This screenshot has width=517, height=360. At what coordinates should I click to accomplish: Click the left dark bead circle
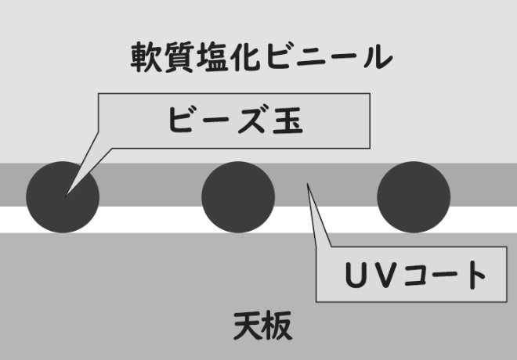tap(63, 197)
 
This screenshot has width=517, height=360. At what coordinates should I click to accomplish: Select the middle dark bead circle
tap(238, 197)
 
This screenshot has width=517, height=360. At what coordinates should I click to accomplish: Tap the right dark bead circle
tap(414, 197)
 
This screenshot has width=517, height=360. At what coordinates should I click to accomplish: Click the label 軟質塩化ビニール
tap(262, 56)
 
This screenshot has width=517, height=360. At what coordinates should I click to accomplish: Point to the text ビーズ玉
tap(236, 119)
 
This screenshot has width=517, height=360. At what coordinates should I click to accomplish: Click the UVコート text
tap(415, 275)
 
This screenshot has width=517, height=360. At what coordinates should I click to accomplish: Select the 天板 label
tap(262, 326)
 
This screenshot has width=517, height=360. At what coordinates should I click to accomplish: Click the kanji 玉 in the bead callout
tap(287, 120)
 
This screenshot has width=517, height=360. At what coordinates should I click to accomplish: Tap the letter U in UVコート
tap(357, 275)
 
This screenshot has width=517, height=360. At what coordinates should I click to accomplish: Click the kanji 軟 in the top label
tap(146, 56)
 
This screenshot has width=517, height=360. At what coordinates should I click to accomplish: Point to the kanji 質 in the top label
tap(179, 56)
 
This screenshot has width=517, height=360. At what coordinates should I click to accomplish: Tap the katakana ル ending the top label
tap(378, 56)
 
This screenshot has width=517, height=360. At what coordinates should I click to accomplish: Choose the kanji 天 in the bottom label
tap(248, 326)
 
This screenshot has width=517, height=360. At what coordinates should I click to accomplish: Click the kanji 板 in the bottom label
tap(278, 326)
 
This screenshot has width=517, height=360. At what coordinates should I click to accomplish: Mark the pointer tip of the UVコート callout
tap(307, 183)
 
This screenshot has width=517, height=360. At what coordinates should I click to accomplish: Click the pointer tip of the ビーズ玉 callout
tap(64, 198)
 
